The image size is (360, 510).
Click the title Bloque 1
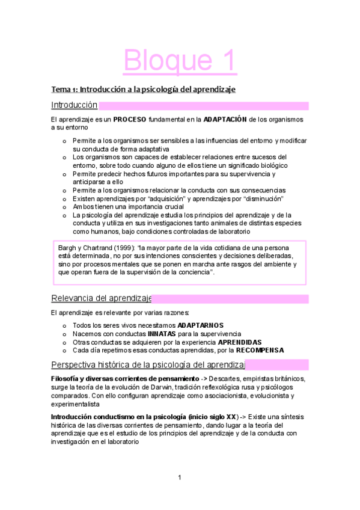180,61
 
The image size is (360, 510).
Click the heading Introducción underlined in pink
75,105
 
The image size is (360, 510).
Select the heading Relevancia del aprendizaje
101,298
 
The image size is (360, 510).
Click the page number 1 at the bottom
179,478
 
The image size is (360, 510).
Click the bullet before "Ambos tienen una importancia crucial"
64,207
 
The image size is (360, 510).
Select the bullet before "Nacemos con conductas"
64,334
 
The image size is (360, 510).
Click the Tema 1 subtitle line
143,89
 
